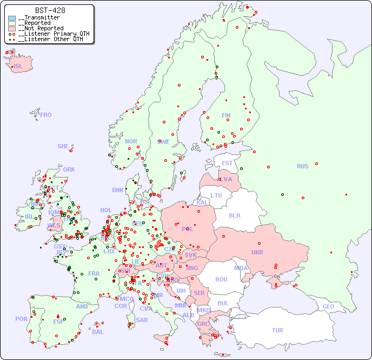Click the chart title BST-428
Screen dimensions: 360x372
(x=50, y=10)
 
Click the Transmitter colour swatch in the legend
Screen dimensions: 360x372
(x=12, y=18)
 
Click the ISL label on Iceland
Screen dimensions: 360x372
(x=18, y=67)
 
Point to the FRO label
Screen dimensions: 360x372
(x=46, y=115)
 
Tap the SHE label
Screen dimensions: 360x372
(x=63, y=146)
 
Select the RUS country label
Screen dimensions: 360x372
(x=302, y=166)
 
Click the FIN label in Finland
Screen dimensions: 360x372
(x=226, y=115)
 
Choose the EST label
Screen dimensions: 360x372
(x=227, y=163)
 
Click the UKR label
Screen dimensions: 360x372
(x=257, y=252)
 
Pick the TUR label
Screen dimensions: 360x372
(x=277, y=330)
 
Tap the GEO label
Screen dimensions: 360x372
(x=328, y=306)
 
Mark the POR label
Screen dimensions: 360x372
(x=21, y=319)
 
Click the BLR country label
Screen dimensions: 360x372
(x=234, y=215)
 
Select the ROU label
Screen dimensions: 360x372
(x=221, y=279)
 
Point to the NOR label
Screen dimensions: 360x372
(x=131, y=141)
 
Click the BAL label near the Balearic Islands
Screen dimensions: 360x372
(x=98, y=332)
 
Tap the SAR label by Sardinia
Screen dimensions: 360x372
(x=142, y=320)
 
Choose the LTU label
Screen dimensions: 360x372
(x=216, y=195)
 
